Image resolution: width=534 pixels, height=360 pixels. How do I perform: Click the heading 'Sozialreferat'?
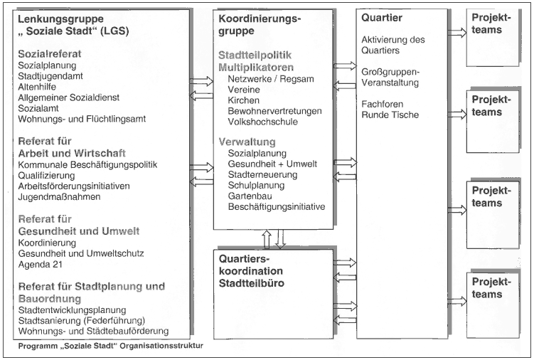click(50, 54)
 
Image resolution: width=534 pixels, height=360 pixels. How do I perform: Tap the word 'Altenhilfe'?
click(37, 87)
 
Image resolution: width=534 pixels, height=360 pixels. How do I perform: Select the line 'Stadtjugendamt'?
click(50, 76)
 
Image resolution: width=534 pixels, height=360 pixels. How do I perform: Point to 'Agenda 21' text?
click(41, 264)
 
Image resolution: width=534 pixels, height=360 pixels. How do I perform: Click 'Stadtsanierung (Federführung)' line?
click(82, 320)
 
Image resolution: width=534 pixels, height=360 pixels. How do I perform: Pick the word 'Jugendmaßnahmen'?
click(59, 196)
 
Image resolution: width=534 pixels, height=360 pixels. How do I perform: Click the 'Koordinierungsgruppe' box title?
click(260, 24)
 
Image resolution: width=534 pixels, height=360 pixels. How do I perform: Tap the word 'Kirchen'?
click(243, 100)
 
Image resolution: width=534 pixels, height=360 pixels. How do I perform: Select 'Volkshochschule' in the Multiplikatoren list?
click(262, 122)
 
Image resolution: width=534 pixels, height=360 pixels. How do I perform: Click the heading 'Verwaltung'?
click(247, 142)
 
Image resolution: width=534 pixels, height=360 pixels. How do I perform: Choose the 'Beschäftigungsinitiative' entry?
click(277, 206)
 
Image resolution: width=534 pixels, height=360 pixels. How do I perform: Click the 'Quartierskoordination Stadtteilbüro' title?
click(251, 271)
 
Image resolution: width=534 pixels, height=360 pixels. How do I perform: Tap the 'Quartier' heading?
click(382, 18)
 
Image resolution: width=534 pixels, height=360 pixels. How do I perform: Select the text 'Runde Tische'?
click(390, 115)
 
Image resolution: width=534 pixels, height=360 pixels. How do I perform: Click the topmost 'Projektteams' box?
click(493, 38)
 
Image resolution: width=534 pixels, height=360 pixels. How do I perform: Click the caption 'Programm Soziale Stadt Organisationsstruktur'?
click(111, 346)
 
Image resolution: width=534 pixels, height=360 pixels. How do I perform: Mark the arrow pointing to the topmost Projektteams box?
click(457, 33)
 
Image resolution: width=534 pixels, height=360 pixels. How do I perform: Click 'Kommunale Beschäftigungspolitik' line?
click(87, 164)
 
